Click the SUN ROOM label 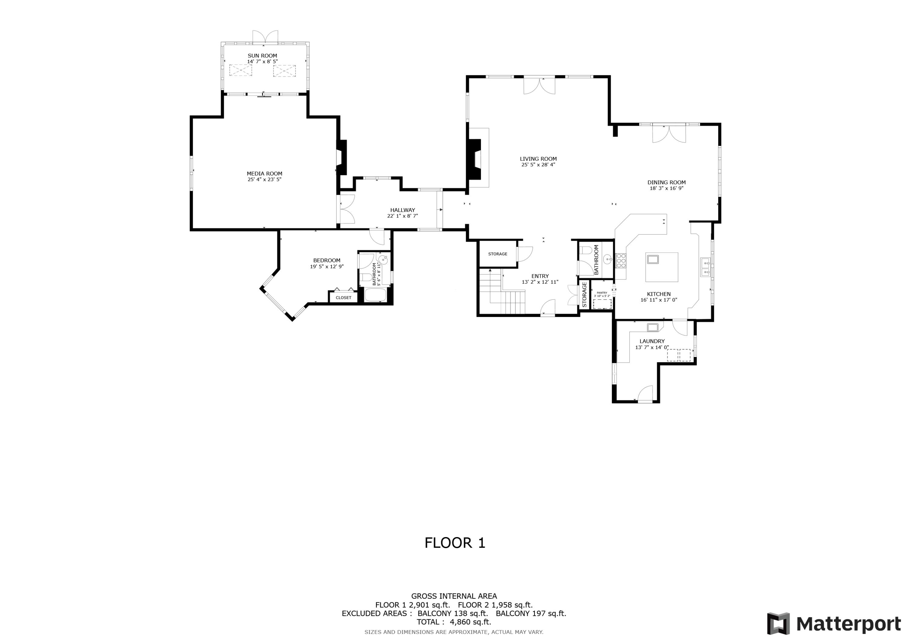(x=262, y=56)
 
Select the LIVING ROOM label (x=538, y=159)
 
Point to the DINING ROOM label (x=666, y=182)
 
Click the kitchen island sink (x=653, y=260)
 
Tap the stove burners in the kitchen (x=621, y=261)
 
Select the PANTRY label (x=602, y=293)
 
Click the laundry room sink (x=653, y=327)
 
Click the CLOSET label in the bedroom (x=343, y=298)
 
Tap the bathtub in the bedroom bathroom (x=375, y=296)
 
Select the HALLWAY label (x=402, y=210)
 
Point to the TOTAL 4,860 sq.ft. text (x=454, y=622)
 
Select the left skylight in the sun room (x=241, y=71)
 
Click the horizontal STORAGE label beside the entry (x=498, y=254)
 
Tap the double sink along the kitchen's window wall (x=705, y=267)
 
